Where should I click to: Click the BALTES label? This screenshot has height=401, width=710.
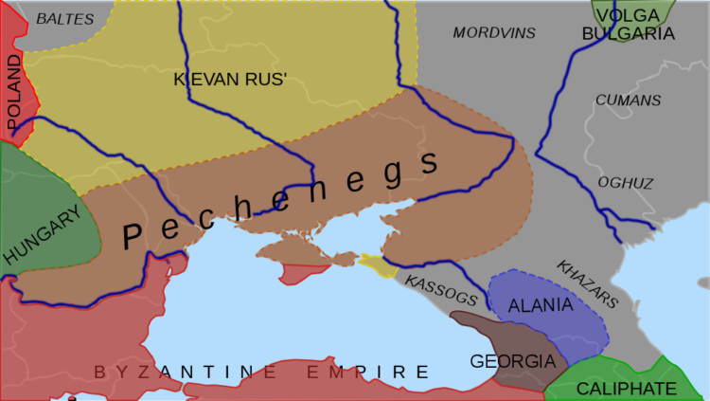65,18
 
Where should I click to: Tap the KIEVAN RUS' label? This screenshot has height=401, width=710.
230,80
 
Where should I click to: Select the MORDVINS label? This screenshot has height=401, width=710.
494,33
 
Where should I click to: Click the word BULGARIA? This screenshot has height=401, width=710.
629,34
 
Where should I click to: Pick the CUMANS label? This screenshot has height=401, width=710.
628,100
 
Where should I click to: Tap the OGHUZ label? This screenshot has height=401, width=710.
626,183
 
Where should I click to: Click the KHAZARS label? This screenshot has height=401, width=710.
587,284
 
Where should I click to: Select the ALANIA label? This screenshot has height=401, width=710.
541,305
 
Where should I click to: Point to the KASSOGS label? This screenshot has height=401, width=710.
441,290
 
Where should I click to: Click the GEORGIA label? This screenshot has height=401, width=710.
512,361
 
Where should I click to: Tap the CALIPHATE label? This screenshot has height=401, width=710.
627,389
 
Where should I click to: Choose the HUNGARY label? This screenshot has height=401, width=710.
42,235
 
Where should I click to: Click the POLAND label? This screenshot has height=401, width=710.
14,93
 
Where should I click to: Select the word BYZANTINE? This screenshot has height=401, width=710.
194,372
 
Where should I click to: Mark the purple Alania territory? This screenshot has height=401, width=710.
568,322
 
